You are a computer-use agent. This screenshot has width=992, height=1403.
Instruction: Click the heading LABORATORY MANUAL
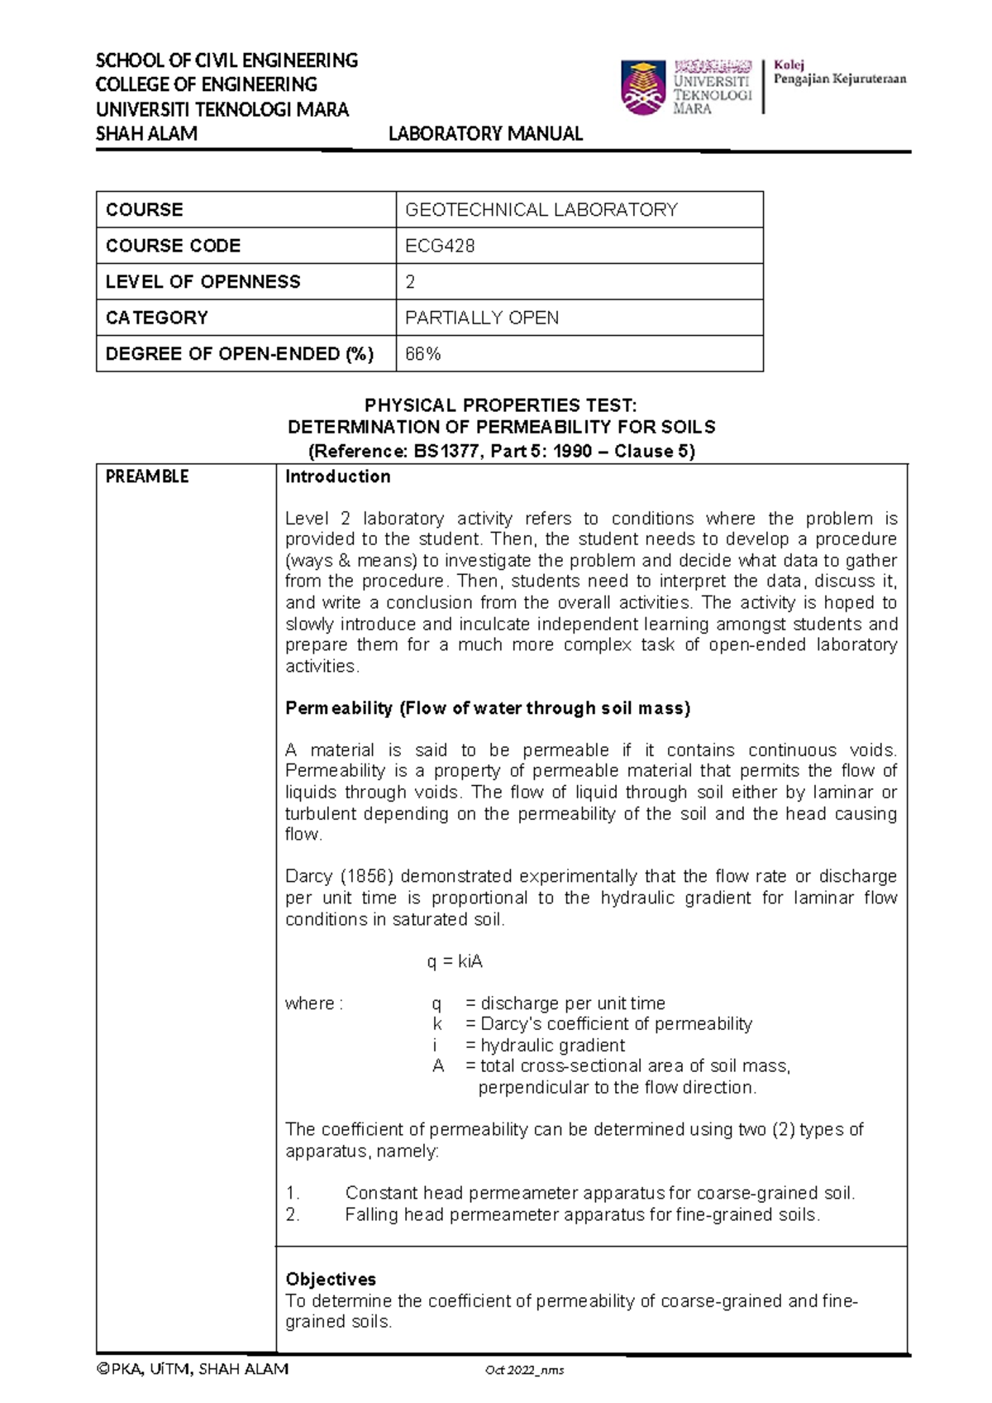tap(485, 134)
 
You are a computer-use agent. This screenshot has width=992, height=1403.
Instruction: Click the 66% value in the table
tap(422, 354)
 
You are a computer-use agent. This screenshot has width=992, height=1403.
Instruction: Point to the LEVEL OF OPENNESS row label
tap(203, 282)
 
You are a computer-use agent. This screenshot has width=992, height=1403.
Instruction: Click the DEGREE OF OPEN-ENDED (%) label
tap(240, 354)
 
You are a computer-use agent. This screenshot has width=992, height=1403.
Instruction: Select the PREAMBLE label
tap(147, 476)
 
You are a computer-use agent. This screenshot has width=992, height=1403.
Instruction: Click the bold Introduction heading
tap(337, 476)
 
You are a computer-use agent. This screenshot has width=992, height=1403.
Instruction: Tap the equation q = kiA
tap(455, 961)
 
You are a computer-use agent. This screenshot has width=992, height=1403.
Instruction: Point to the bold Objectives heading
tap(331, 1279)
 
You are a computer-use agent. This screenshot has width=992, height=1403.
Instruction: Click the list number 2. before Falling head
tap(293, 1214)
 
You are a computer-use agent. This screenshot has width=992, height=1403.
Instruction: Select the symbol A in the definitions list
tap(438, 1066)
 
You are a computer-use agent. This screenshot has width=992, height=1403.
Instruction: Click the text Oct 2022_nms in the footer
tap(524, 1370)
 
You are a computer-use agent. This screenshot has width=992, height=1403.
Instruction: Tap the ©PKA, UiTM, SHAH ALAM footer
tap(193, 1369)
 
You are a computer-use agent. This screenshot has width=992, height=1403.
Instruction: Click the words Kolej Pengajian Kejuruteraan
tap(839, 73)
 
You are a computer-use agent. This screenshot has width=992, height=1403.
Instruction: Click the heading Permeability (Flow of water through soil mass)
tap(488, 708)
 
